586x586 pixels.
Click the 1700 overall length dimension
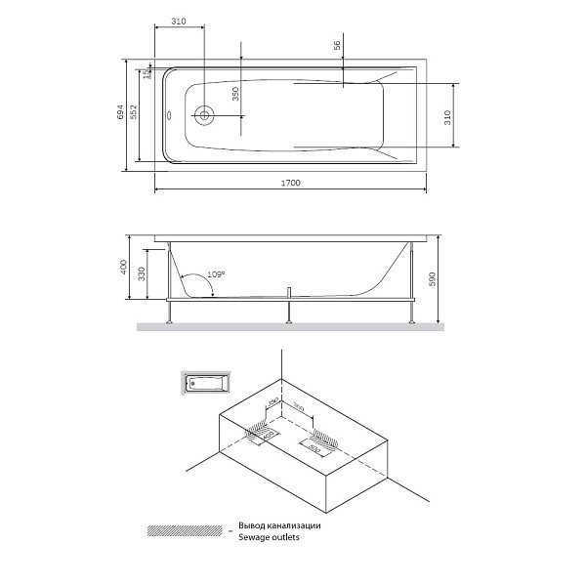pyautogui.click(x=289, y=183)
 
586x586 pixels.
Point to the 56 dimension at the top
pyautogui.click(x=336, y=46)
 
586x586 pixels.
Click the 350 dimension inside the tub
pyautogui.click(x=235, y=94)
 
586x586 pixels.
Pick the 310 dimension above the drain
pyautogui.click(x=178, y=21)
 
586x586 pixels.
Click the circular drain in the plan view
pyautogui.click(x=204, y=115)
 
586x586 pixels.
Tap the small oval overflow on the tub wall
pyautogui.click(x=170, y=115)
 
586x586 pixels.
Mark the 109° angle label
pyautogui.click(x=216, y=274)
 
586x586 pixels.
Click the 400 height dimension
pyautogui.click(x=122, y=268)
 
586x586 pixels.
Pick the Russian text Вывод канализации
pyautogui.click(x=278, y=525)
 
